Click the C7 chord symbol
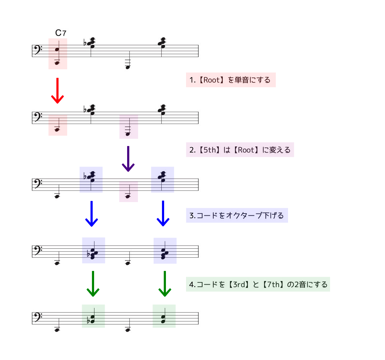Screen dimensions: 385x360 point(61,33)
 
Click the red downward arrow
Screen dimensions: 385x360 point(57,90)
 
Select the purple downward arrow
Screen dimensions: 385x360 point(128,159)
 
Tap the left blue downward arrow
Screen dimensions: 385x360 point(92,214)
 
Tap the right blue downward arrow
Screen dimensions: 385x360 point(163,214)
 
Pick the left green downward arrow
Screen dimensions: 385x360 point(93,284)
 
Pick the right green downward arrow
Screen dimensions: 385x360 point(165,284)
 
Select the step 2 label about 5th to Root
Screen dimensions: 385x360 point(240,150)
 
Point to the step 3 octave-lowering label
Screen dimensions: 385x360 point(237,215)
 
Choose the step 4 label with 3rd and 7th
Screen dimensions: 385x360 point(258,284)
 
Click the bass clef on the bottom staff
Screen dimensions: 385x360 point(38,317)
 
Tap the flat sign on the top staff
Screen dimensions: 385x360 point(85,43)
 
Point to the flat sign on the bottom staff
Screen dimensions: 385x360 point(88,320)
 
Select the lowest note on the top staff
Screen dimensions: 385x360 point(128,67)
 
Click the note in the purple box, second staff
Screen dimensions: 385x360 point(128,134)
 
